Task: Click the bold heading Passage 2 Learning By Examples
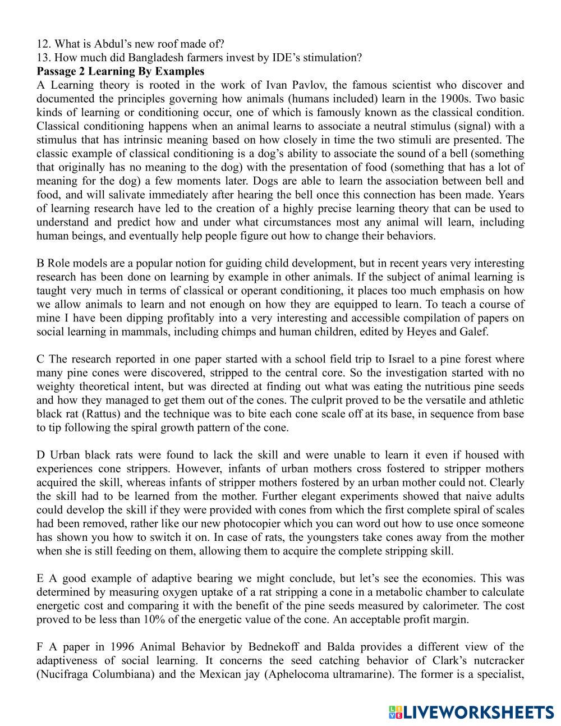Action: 120,71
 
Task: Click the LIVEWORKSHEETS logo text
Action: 477,713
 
